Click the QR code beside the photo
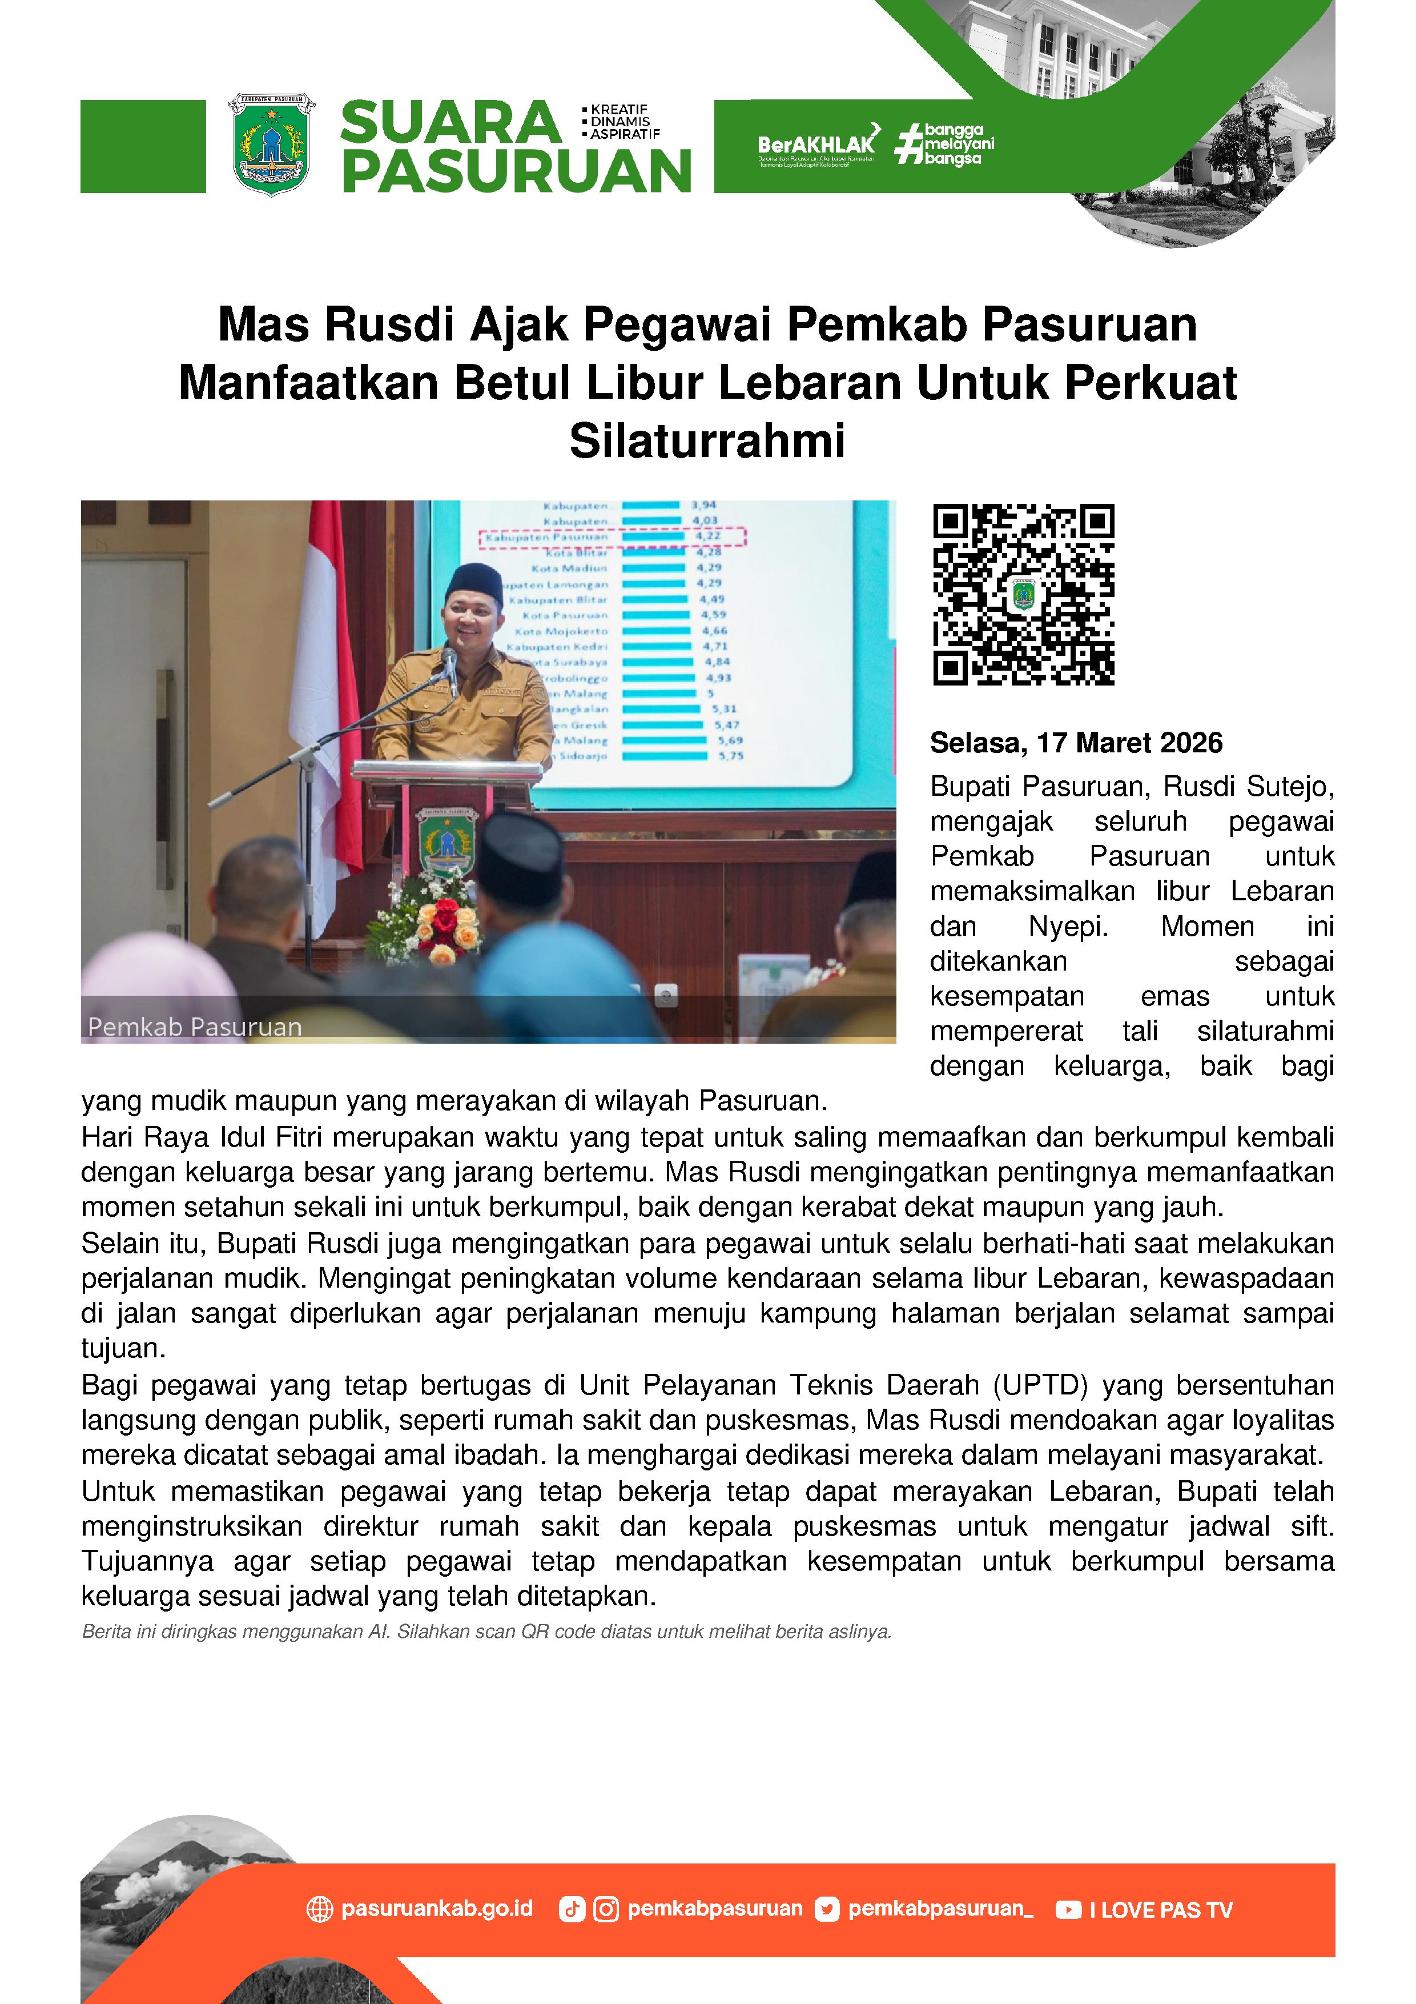coord(1023,594)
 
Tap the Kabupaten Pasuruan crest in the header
coord(271,144)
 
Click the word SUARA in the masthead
coord(450,123)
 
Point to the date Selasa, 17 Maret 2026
coord(1076,743)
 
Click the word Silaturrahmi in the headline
coord(707,441)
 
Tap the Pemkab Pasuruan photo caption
coord(195,1027)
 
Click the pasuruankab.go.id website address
coord(436,1909)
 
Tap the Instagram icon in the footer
coord(605,1910)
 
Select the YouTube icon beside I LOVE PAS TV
coord(1068,1910)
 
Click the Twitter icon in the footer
coord(826,1910)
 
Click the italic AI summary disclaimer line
coord(486,1632)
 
